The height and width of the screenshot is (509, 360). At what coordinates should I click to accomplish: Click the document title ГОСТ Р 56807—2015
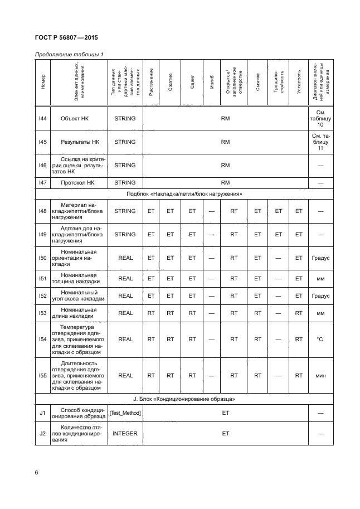pos(67,39)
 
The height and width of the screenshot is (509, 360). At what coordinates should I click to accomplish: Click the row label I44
pos(42,118)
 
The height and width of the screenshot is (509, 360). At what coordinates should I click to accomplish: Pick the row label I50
pos(42,259)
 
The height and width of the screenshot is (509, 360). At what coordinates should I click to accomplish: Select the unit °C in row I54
pos(320,338)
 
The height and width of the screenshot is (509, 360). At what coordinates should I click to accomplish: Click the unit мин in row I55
pos(320,376)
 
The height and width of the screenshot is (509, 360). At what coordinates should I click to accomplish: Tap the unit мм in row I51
pos(320,278)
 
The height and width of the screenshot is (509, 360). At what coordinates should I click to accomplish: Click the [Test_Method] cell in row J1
pos(124,413)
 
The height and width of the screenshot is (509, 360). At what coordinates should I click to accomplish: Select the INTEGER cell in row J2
pos(124,432)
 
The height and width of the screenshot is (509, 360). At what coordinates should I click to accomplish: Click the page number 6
pos(37,473)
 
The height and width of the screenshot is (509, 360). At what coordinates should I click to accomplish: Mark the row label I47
pos(42,182)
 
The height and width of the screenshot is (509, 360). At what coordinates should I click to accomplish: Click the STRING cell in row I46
pos(124,165)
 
